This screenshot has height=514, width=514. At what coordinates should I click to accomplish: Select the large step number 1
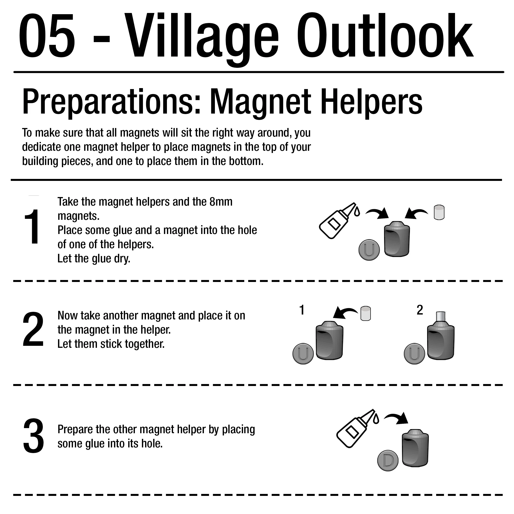(x=32, y=226)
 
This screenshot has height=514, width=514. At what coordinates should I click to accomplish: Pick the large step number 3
(x=34, y=436)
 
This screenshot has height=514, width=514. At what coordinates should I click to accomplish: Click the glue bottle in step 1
(x=339, y=221)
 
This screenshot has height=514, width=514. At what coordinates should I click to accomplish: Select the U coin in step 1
(x=369, y=250)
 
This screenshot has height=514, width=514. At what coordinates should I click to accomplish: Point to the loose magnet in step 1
(x=439, y=212)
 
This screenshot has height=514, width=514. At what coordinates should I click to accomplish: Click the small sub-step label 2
(x=420, y=310)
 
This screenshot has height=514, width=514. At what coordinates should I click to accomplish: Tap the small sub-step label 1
(x=302, y=310)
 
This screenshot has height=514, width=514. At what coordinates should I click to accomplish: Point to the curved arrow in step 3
(x=396, y=419)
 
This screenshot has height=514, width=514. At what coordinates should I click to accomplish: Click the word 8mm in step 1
(x=221, y=202)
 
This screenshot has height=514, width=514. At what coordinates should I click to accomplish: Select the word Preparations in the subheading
(x=111, y=102)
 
